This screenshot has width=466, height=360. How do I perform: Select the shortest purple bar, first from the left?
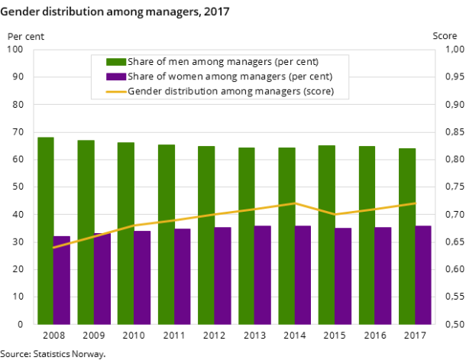61,281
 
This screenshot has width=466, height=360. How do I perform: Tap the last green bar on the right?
407,236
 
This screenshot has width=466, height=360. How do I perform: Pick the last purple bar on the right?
422,275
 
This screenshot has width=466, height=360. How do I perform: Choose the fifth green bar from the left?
206,235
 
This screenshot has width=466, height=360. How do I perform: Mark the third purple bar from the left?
142,277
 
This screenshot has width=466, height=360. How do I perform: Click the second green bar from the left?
86,232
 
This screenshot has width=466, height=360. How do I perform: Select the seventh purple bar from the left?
303,275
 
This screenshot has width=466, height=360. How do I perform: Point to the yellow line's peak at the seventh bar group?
295,203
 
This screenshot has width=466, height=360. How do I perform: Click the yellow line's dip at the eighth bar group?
335,214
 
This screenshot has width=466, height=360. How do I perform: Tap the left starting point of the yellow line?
53,248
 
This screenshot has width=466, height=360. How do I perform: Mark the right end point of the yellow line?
415,203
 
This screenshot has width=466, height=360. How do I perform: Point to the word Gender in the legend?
144,92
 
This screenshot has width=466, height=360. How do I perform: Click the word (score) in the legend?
319,92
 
